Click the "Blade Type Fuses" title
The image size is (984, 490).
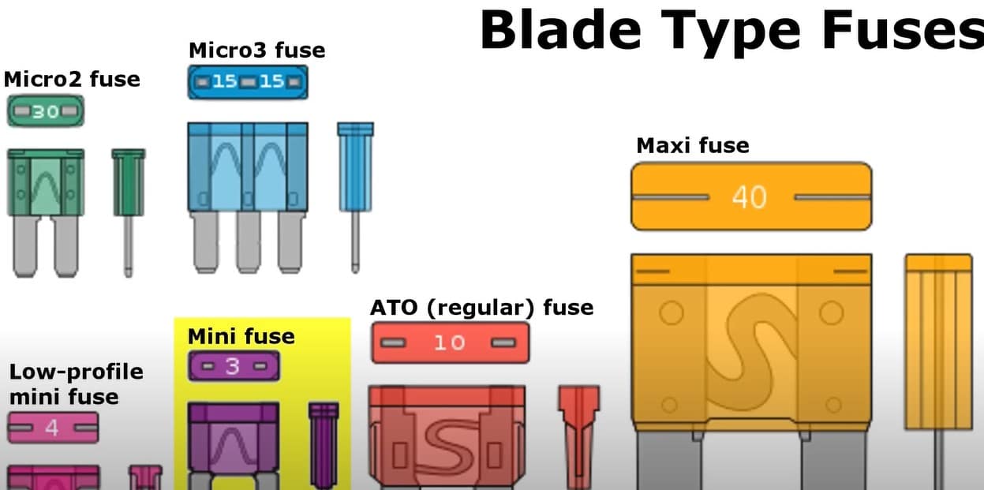coord(731,30)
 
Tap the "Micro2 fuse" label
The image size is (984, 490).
coord(72,79)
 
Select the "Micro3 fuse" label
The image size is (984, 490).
coord(256,50)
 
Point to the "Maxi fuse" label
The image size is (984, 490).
coord(692,145)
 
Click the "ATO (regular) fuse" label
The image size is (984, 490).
coord(481,306)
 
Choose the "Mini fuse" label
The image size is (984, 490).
coord(241,337)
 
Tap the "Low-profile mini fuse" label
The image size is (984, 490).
coord(76,383)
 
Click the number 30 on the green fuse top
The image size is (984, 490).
coord(46,112)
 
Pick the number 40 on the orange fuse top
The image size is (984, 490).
coord(749,196)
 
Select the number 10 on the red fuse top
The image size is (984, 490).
coord(448,343)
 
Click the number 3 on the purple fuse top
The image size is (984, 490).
coord(233,367)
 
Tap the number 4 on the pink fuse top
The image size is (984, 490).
coord(52,428)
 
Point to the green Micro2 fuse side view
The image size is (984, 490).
coord(128,205)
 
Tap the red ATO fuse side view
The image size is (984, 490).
coord(578,434)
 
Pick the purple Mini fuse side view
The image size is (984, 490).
coord(323,442)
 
